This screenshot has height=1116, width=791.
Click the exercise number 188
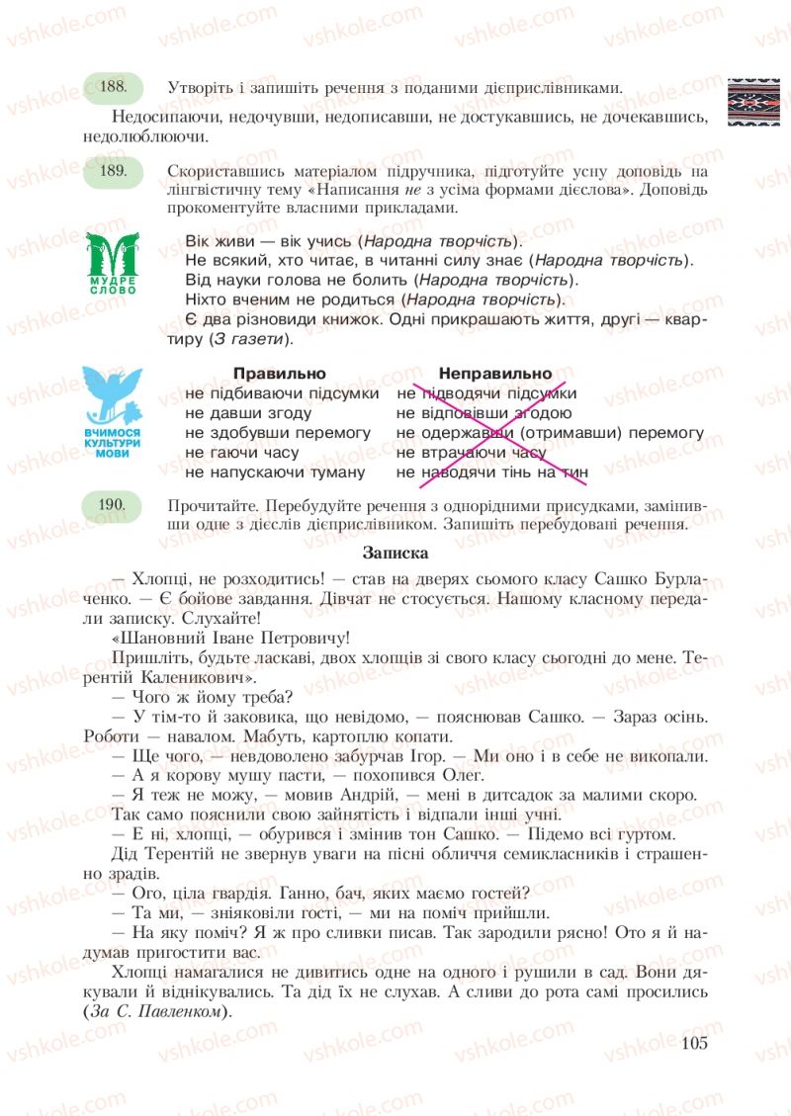[x=115, y=87]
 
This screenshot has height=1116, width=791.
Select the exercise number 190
[x=115, y=505]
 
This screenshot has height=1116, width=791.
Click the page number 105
[x=695, y=1045]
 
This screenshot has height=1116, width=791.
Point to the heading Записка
[x=395, y=554]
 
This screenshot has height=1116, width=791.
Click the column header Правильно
[x=279, y=374]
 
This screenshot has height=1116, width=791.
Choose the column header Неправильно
[x=495, y=374]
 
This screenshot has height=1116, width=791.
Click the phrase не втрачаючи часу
[x=471, y=453]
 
